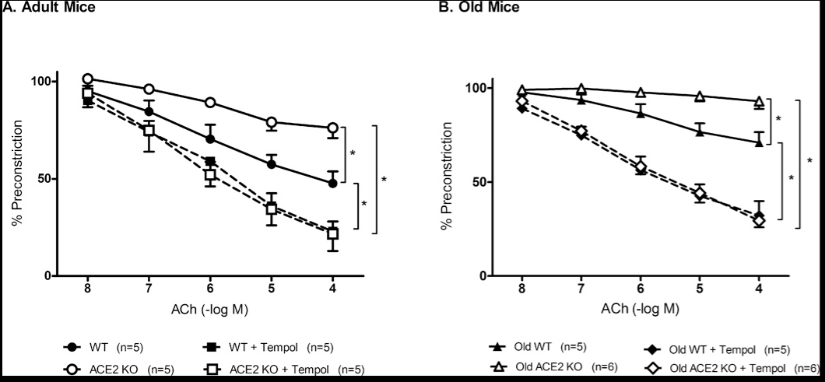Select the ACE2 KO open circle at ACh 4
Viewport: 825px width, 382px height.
(332, 128)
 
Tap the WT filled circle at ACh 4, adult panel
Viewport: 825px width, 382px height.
(332, 183)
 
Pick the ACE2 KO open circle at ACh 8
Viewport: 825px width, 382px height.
(88, 79)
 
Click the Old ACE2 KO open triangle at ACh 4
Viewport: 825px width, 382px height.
(759, 101)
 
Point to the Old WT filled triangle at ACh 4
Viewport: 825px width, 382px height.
(759, 142)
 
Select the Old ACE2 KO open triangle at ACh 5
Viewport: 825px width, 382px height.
(700, 96)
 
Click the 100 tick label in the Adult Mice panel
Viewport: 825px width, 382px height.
(40, 82)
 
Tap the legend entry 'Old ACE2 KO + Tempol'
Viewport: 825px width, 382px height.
(732, 368)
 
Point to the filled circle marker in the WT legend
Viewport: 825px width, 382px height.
(72, 346)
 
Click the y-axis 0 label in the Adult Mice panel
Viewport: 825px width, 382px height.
(48, 276)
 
